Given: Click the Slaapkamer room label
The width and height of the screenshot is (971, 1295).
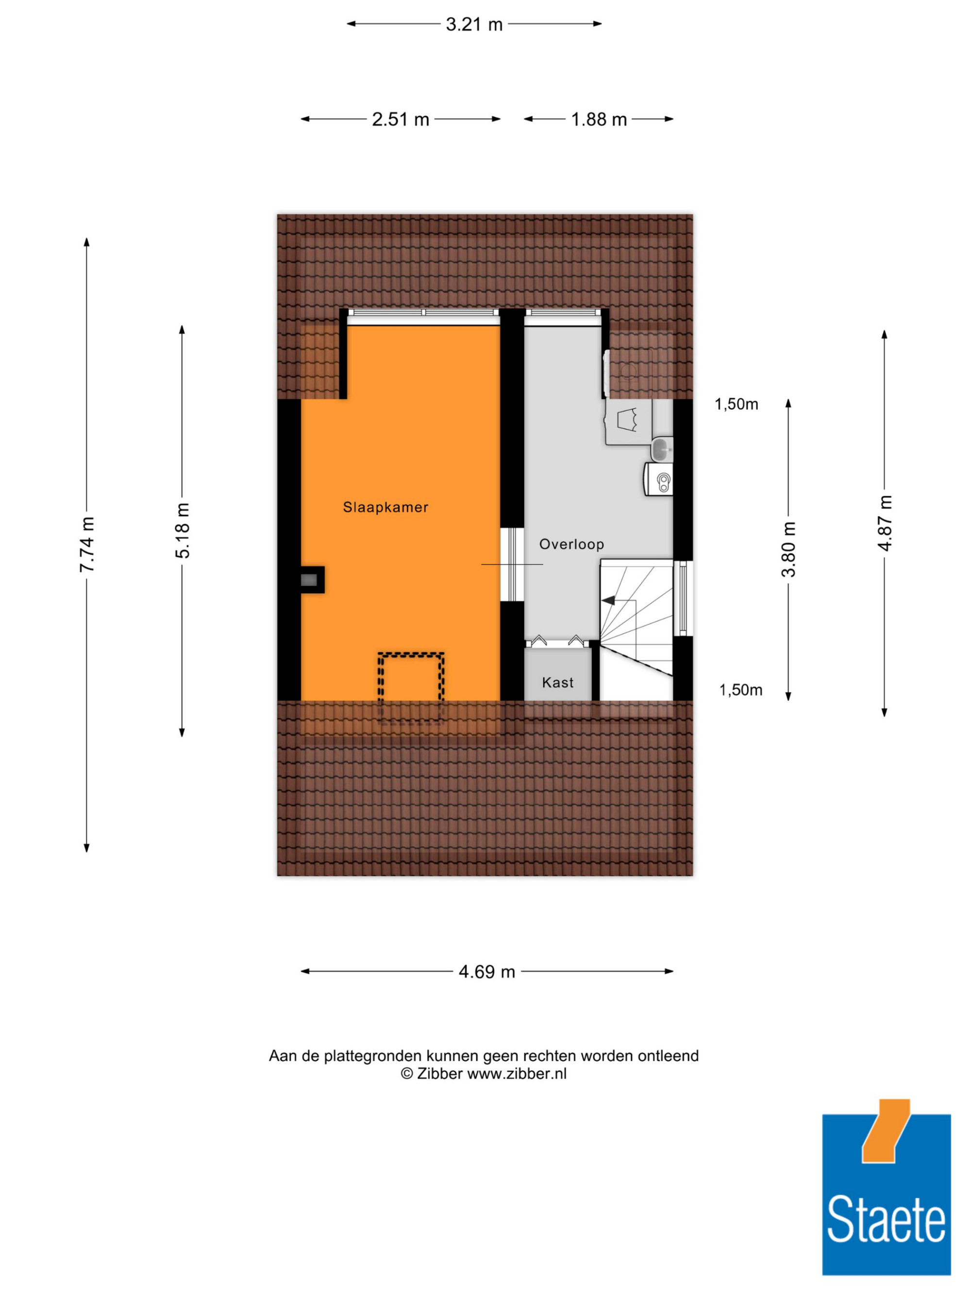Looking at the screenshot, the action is point(385,507).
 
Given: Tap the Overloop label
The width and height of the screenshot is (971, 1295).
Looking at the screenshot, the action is point(571,544).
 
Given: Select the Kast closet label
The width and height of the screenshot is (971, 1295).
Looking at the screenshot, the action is point(557,682).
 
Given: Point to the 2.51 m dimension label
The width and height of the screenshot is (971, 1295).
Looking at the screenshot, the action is point(401,119).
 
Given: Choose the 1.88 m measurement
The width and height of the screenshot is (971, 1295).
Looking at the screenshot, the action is point(599,119).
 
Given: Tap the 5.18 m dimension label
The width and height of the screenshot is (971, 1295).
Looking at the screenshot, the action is point(183,530).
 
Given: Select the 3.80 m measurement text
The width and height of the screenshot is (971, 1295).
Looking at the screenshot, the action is point(788,549).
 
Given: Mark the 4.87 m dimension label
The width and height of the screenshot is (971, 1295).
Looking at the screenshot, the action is point(885,523).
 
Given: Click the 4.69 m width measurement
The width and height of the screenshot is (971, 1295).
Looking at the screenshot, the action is point(486,972).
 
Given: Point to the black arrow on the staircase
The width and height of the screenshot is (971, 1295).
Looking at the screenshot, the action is point(609,600).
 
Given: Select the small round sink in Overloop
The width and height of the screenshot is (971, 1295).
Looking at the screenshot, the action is point(661,449).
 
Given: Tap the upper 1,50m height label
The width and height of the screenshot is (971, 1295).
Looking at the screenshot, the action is point(737,404).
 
